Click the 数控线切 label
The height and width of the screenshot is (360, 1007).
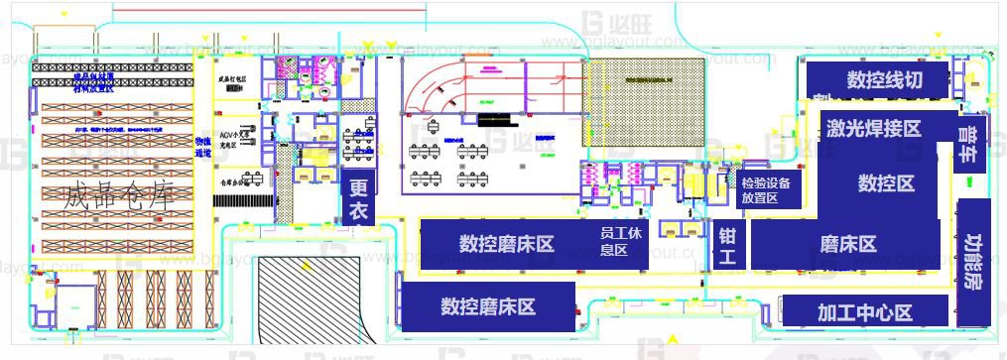(883, 79)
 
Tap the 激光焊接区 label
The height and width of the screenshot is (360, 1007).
(873, 128)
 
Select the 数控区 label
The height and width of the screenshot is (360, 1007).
(886, 183)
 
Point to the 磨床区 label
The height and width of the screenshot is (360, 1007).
(848, 244)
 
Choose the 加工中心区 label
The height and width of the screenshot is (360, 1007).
(864, 312)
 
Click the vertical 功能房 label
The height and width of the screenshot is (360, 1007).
(973, 261)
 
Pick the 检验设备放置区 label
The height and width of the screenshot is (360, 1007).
(765, 190)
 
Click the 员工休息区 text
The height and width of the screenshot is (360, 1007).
(614, 242)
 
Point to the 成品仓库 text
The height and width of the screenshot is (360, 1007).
(117, 195)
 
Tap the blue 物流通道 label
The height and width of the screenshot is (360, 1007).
(203, 148)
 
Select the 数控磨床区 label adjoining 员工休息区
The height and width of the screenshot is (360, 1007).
(506, 244)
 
